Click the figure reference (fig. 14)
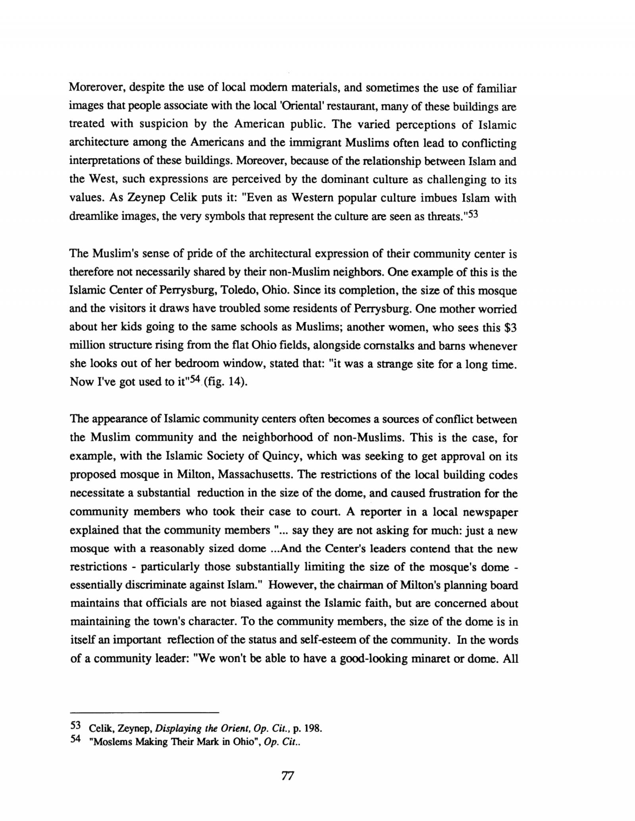point(228,382)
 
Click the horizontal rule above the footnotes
point(144,712)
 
